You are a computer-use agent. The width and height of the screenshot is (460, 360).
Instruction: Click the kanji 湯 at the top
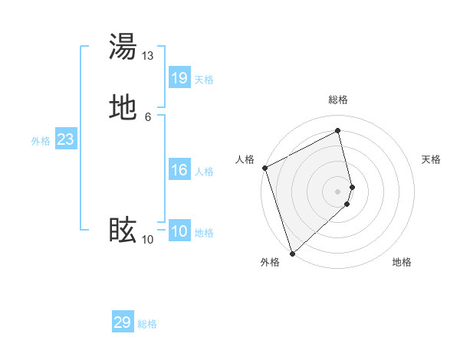123,47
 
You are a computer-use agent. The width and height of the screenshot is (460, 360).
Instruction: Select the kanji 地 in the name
123,108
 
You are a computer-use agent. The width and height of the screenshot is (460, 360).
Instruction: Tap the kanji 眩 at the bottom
123,231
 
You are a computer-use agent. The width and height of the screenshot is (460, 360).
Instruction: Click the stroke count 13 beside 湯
148,56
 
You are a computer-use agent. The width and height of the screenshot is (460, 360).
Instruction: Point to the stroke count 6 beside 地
148,117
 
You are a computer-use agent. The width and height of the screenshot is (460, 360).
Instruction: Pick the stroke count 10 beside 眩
148,240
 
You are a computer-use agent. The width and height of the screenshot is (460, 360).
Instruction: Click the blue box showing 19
179,78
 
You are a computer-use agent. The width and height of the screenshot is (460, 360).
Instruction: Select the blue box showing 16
179,170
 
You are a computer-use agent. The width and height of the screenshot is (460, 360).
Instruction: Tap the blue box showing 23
65,139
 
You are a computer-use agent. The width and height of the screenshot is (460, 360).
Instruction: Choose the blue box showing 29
123,322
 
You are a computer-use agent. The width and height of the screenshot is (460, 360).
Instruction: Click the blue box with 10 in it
179,231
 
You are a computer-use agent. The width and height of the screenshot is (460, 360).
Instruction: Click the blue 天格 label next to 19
204,80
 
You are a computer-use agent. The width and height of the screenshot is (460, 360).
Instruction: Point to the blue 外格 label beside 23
41,141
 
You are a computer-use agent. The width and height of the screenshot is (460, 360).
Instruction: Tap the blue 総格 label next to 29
147,324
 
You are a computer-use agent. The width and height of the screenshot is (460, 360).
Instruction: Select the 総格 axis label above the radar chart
338,100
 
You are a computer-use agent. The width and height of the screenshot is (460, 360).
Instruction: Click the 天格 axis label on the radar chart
432,159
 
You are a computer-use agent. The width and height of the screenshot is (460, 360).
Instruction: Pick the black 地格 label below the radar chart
402,263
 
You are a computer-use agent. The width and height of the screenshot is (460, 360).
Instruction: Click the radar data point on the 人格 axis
265,168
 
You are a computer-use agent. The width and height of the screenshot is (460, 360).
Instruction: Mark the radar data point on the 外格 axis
292,253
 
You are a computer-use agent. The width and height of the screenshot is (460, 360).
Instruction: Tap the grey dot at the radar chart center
338,191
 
